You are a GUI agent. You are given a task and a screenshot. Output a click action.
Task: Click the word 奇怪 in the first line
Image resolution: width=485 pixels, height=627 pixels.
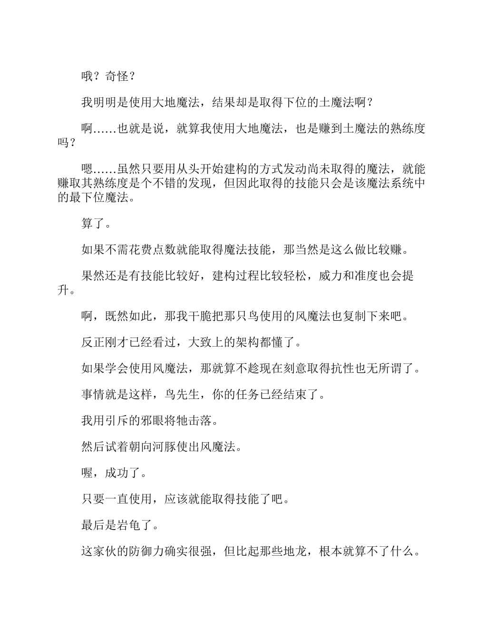[117, 76]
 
